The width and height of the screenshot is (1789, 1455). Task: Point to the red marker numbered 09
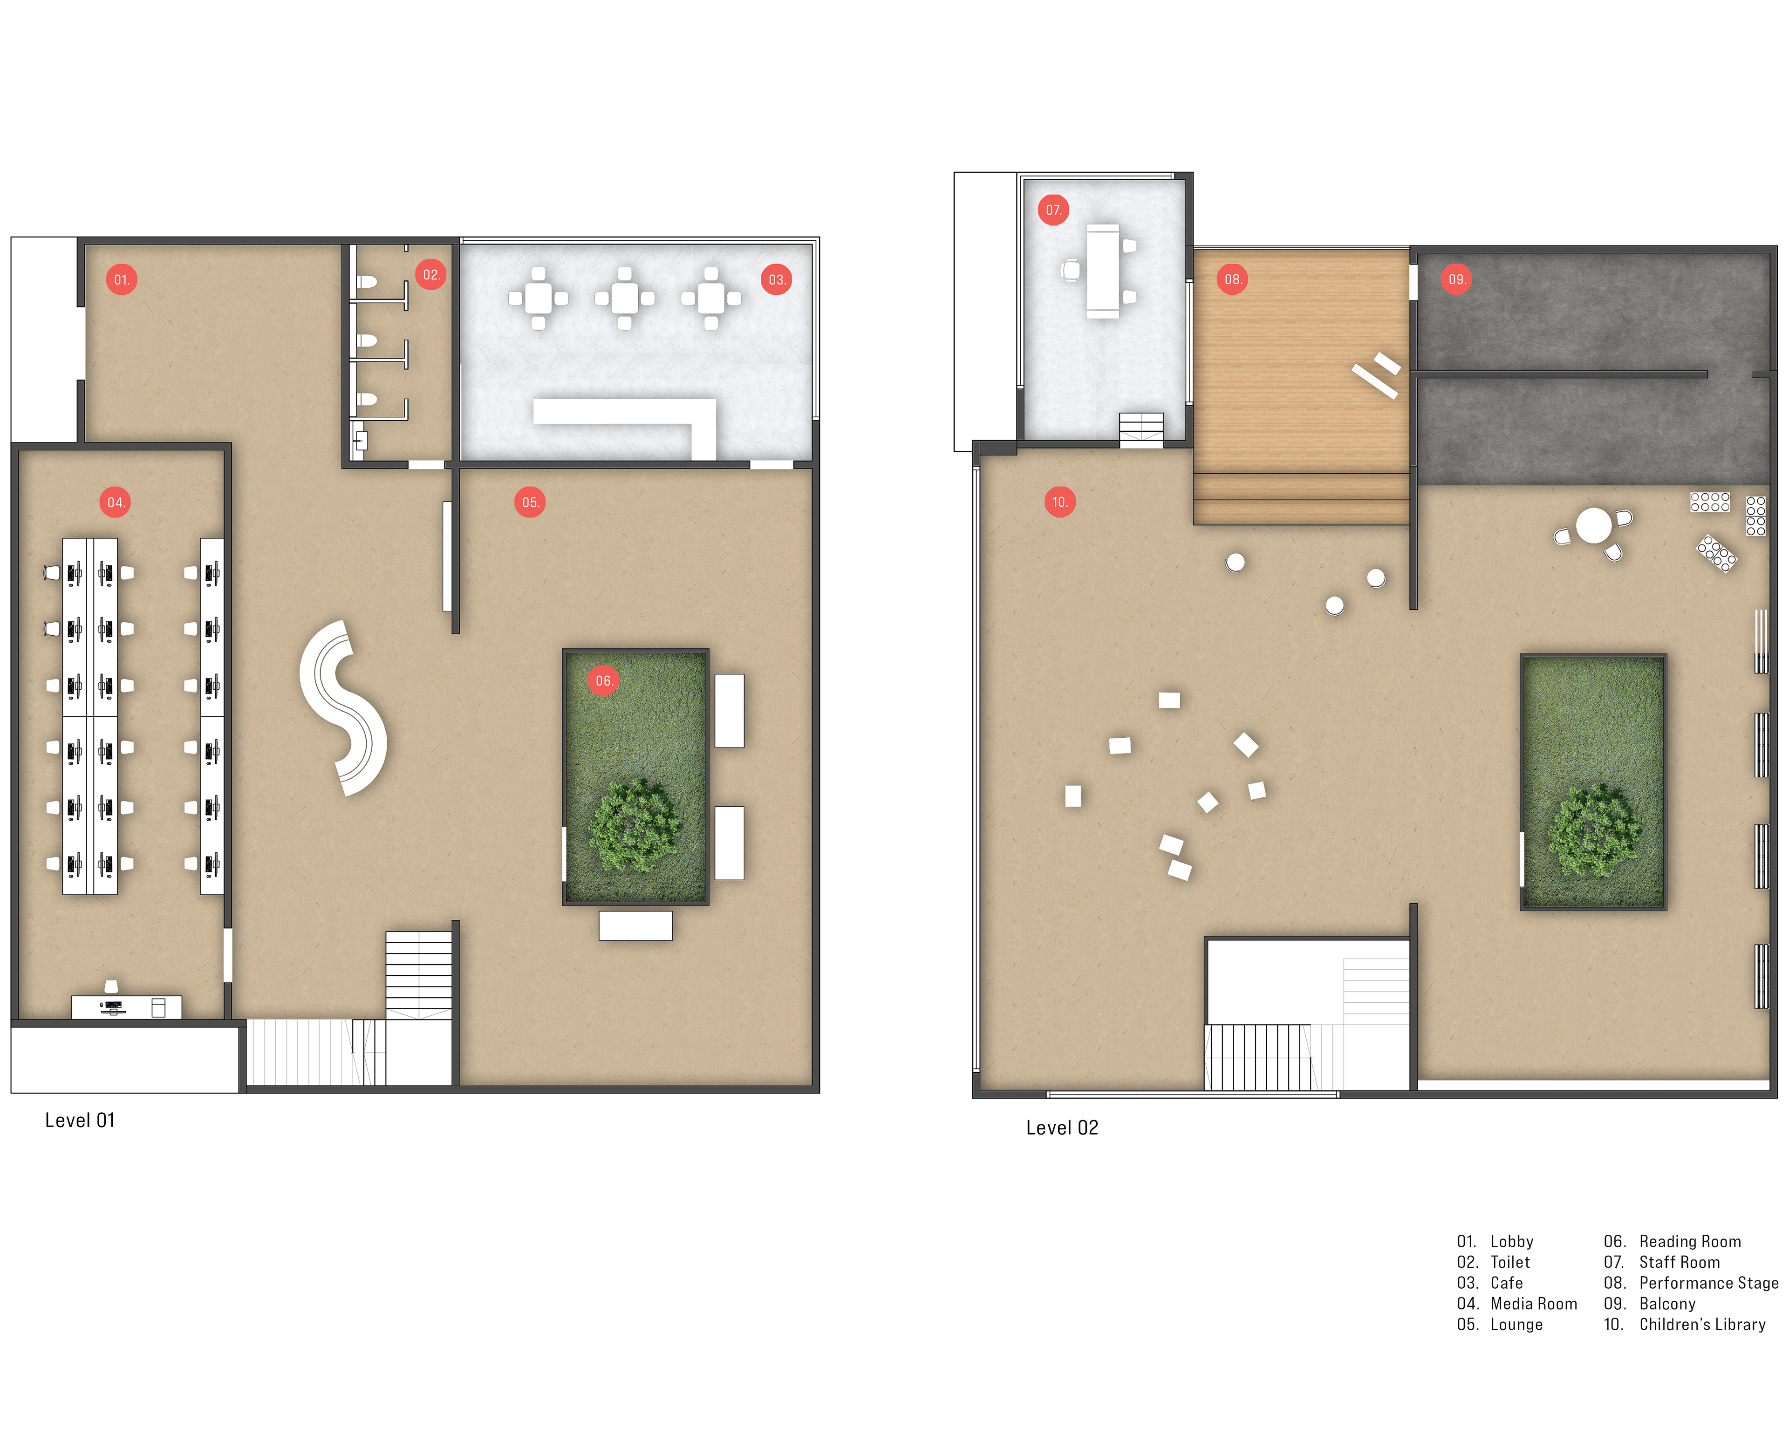click(x=1456, y=279)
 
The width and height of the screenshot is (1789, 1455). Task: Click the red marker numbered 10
click(x=1059, y=502)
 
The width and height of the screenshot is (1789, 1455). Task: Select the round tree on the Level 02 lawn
click(x=1592, y=830)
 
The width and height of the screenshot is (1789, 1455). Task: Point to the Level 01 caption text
click(x=80, y=1121)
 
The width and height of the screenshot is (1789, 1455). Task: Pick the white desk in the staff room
click(x=1102, y=271)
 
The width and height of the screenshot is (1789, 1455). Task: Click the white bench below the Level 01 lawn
click(x=635, y=925)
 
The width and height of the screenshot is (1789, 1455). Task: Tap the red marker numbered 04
click(x=115, y=502)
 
